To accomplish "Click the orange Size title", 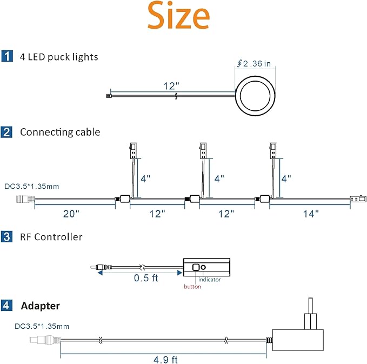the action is (x=178, y=16).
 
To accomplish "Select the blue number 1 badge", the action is (x=7, y=56).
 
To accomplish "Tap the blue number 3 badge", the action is (x=6, y=236).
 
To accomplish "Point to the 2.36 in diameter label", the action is (x=253, y=63).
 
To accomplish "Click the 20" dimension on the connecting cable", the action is (x=71, y=214).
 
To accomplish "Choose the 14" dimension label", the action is (x=311, y=214).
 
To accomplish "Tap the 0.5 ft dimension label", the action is (x=146, y=278).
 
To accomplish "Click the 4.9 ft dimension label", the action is (x=165, y=360).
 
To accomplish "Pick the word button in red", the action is (x=192, y=287).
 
